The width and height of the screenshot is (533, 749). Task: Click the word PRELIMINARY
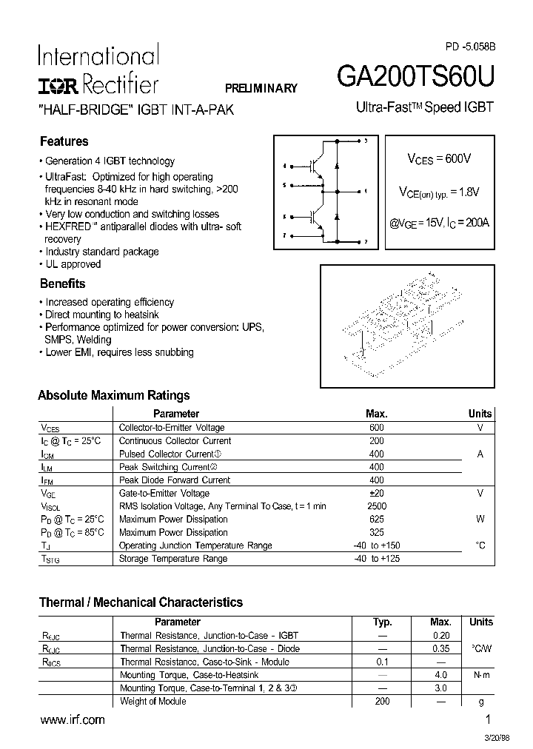pyautogui.click(x=261, y=88)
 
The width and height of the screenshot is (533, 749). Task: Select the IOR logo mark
pyautogui.click(x=58, y=86)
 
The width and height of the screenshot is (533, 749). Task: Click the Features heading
pyautogui.click(x=64, y=141)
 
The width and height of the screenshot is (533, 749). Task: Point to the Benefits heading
pyautogui.click(x=62, y=283)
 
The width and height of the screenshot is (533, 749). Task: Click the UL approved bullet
pyautogui.click(x=73, y=264)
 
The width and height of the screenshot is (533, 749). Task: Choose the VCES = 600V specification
pyautogui.click(x=439, y=158)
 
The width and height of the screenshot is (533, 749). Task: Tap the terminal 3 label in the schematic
pyautogui.click(x=365, y=141)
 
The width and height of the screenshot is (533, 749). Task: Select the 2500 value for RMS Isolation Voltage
pyautogui.click(x=377, y=506)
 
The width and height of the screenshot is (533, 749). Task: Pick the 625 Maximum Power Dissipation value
pyautogui.click(x=377, y=520)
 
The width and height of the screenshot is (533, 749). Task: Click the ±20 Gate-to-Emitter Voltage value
pyautogui.click(x=377, y=493)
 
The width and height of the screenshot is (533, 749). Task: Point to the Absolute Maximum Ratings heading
pyautogui.click(x=114, y=395)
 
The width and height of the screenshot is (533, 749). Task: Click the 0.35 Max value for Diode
pyautogui.click(x=440, y=649)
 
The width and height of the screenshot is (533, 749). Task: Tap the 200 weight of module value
pyautogui.click(x=382, y=701)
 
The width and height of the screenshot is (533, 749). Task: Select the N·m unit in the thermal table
pyautogui.click(x=480, y=675)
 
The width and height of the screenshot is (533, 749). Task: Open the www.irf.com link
pyautogui.click(x=72, y=719)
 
